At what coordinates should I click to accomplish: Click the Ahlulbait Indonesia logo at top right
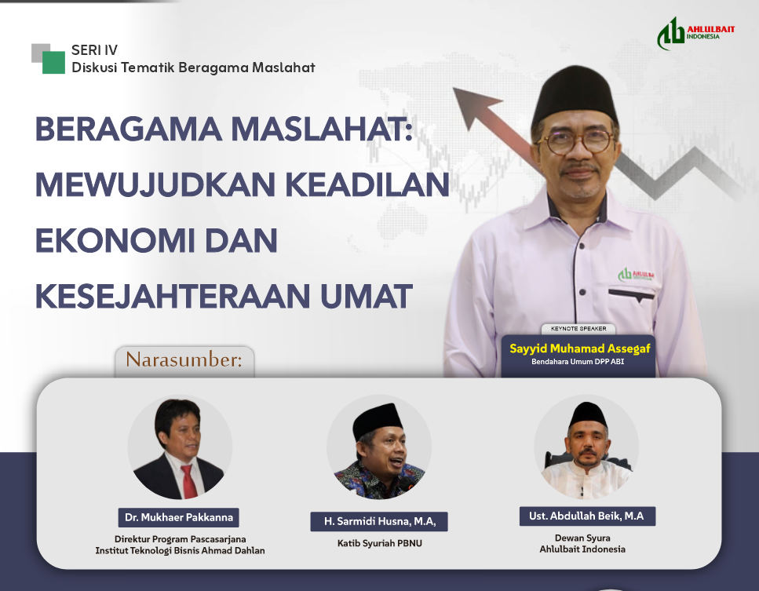pyautogui.click(x=688, y=34)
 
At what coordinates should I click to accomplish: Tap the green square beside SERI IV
pyautogui.click(x=53, y=63)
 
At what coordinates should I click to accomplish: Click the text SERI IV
pyautogui.click(x=94, y=50)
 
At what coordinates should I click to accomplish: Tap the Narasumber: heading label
pyautogui.click(x=184, y=360)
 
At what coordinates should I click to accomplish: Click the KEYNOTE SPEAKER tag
pyautogui.click(x=578, y=329)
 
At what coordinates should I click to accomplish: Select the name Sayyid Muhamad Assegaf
pyautogui.click(x=579, y=348)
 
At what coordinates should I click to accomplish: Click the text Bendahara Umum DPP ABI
pyautogui.click(x=578, y=363)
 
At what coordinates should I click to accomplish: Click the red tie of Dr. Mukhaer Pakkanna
pyautogui.click(x=188, y=479)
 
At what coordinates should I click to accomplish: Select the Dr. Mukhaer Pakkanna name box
pyautogui.click(x=179, y=518)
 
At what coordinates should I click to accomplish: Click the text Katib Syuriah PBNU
pyautogui.click(x=380, y=543)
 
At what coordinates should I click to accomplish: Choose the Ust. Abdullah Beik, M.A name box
pyautogui.click(x=587, y=516)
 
